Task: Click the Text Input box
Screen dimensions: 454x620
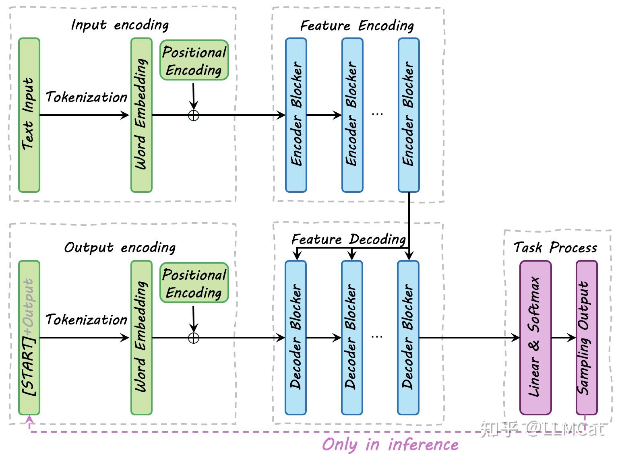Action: tap(29, 115)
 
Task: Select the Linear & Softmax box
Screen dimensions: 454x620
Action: tap(535, 337)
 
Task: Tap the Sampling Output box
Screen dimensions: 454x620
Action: tap(587, 337)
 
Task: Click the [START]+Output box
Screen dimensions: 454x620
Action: tap(29, 337)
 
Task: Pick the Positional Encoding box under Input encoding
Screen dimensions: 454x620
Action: tap(194, 60)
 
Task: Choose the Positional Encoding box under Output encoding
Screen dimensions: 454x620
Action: tap(194, 283)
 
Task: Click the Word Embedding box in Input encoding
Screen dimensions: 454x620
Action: tap(141, 115)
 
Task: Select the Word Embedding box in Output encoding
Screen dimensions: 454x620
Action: tap(141, 337)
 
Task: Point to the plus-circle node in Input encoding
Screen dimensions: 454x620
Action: tap(194, 116)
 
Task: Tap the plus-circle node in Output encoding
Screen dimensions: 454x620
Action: tap(194, 338)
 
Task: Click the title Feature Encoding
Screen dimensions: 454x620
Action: tap(357, 26)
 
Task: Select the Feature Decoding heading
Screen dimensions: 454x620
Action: tap(349, 239)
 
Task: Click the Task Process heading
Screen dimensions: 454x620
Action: tap(555, 247)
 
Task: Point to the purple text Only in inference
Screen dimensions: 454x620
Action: tap(390, 444)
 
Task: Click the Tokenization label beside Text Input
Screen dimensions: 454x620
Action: tap(86, 97)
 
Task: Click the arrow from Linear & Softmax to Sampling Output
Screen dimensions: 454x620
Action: tap(564, 338)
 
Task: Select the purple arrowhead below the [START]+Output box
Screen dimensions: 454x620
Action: tap(29, 420)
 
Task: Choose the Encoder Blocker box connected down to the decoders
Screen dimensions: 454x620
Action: tap(409, 115)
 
